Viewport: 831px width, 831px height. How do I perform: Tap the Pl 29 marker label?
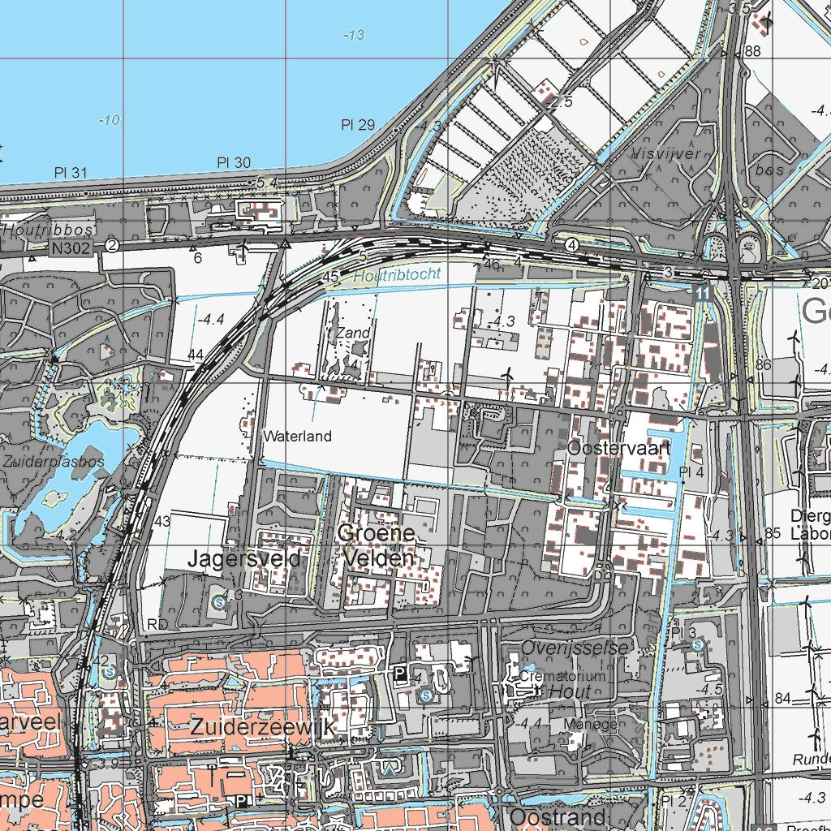[x=358, y=124]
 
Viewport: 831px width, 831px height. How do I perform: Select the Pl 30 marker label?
[x=234, y=162]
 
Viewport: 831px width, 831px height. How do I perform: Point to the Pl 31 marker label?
[x=71, y=172]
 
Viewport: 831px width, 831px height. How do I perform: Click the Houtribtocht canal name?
[x=398, y=275]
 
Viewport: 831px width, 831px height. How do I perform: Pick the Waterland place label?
[x=297, y=437]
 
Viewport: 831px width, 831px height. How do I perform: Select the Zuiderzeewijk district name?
[x=262, y=728]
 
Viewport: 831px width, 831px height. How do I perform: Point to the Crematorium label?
[x=562, y=676]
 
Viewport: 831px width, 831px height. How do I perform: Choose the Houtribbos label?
[x=48, y=230]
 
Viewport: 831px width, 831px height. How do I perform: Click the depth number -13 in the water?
[x=354, y=34]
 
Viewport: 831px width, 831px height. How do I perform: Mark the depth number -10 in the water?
[x=109, y=120]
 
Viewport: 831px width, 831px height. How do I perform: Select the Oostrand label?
[x=557, y=816]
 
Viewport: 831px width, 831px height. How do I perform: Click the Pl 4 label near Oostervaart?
[x=691, y=472]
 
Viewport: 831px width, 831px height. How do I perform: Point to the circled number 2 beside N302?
[x=112, y=245]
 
